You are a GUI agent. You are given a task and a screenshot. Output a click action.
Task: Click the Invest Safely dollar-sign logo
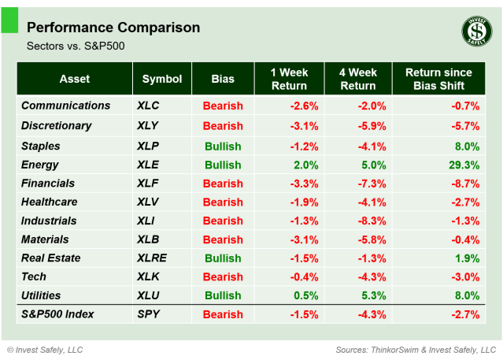click(x=475, y=32)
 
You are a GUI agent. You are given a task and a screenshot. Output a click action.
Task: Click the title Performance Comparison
click(x=113, y=28)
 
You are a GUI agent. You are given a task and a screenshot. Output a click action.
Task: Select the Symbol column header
click(x=162, y=79)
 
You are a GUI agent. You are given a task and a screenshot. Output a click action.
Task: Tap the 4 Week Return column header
click(x=357, y=79)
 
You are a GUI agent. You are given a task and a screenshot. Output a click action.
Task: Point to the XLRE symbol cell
click(x=152, y=258)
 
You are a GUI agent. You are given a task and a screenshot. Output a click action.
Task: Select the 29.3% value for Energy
click(x=464, y=165)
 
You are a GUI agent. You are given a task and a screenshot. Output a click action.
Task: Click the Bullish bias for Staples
click(x=223, y=146)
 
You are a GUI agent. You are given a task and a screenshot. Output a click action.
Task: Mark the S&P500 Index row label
click(x=57, y=314)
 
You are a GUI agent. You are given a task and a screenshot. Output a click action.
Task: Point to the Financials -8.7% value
click(x=464, y=184)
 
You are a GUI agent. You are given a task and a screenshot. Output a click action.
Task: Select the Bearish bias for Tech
click(x=223, y=276)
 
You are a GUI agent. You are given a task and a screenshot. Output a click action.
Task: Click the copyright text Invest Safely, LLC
click(x=45, y=349)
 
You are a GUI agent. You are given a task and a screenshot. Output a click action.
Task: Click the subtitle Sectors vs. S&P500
click(x=76, y=46)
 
